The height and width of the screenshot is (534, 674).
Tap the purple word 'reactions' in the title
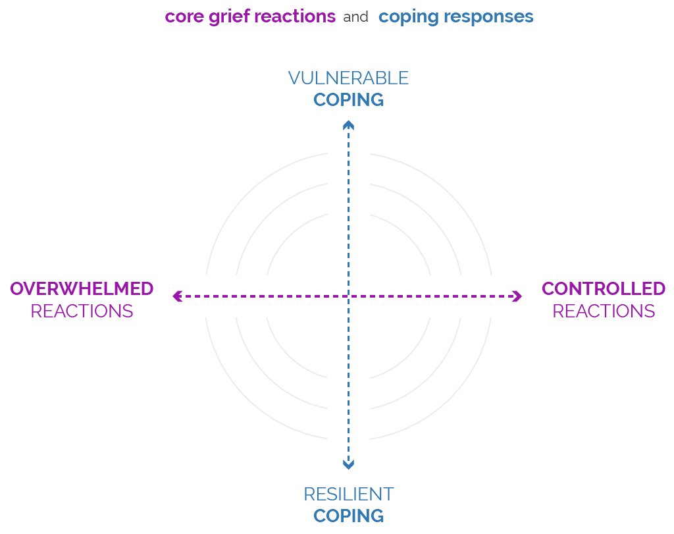[x=295, y=16]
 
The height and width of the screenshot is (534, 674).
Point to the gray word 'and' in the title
[x=355, y=17]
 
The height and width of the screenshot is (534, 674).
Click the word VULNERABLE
[x=348, y=78]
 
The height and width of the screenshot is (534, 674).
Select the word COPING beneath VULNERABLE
[x=348, y=100]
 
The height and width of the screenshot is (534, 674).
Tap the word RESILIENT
[x=348, y=494]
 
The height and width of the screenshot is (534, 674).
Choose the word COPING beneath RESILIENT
[x=348, y=516]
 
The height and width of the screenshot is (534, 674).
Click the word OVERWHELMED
[x=82, y=288]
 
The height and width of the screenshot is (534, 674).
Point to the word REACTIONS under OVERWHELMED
[x=82, y=311]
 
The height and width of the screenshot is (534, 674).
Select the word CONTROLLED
[x=603, y=288]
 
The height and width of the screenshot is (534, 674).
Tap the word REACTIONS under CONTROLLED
[x=603, y=311]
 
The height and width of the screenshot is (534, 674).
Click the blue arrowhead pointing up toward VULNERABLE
[x=348, y=124]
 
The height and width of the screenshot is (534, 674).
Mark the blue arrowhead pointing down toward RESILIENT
[x=348, y=465]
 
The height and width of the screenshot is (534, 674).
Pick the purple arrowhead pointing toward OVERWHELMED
[x=176, y=296]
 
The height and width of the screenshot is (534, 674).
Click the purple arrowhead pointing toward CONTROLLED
[x=517, y=296]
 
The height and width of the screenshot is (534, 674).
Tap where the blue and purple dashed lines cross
[x=348, y=296]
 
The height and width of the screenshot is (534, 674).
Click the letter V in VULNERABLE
[x=294, y=78]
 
